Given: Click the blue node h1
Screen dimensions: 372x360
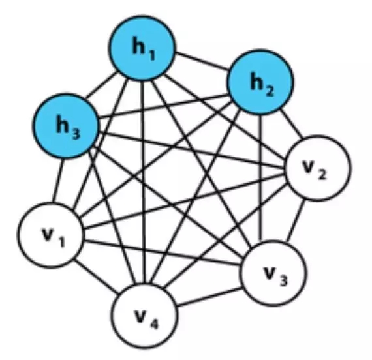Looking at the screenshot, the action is [142, 48].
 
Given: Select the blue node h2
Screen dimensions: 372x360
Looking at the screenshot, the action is [260, 82].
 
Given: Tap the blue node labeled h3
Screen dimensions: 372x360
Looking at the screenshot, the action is [66, 126].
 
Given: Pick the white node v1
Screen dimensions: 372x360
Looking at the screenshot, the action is [51, 235].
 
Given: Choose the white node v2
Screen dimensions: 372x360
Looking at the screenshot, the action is [317, 168].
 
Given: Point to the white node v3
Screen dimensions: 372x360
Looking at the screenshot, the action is [273, 273].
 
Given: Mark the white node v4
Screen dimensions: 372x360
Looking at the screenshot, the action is [144, 316].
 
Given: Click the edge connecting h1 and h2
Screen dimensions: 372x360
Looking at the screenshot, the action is [202, 61].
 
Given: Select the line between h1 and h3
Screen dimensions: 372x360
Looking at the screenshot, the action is [101, 85].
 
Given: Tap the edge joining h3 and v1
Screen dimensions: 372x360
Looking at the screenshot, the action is [58, 181].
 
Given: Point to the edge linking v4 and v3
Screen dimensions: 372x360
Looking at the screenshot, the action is [209, 297].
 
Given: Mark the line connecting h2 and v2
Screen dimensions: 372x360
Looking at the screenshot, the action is [291, 124].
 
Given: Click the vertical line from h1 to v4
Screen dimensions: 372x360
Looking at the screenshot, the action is [143, 182].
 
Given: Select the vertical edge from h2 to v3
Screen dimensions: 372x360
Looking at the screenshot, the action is [261, 178].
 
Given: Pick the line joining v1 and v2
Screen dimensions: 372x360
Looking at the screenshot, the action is [184, 202].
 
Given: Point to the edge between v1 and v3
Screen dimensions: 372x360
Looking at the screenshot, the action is [163, 252].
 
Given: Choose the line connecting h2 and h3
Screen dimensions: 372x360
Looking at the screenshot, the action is [164, 106].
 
